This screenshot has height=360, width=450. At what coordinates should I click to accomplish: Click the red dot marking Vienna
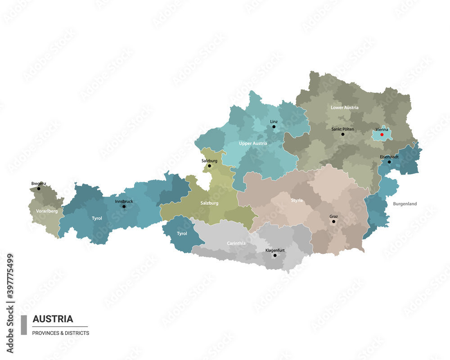(x=382, y=135)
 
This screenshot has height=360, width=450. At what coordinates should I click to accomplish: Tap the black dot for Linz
(x=274, y=127)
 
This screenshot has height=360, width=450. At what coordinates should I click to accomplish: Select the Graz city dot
(x=333, y=221)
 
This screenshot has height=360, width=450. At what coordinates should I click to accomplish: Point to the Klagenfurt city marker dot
(x=275, y=256)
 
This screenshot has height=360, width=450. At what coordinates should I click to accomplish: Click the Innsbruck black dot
(x=124, y=207)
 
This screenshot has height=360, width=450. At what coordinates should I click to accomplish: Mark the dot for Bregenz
(x=39, y=189)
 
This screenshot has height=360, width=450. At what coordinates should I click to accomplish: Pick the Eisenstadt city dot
(x=389, y=162)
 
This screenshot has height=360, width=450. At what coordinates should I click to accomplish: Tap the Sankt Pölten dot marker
(x=342, y=134)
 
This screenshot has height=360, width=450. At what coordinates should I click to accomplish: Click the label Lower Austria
(x=344, y=108)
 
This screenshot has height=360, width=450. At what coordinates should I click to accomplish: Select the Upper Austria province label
(x=253, y=144)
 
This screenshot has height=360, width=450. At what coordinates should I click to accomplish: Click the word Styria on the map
(x=297, y=200)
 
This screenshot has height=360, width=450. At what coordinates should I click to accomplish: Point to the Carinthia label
(x=236, y=243)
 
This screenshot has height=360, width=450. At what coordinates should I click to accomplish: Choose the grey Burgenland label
(x=405, y=204)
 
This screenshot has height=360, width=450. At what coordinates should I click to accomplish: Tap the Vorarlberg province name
(x=47, y=211)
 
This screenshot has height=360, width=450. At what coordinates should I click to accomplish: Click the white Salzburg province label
(x=209, y=203)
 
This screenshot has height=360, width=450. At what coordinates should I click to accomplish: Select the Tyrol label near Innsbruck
(x=97, y=218)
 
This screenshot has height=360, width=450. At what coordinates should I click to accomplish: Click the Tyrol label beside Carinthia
(x=182, y=234)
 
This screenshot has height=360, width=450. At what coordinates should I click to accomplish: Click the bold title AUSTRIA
(x=53, y=319)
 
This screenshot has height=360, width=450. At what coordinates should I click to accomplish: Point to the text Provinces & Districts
(x=61, y=333)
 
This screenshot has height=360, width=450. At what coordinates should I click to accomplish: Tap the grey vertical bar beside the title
(x=24, y=325)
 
